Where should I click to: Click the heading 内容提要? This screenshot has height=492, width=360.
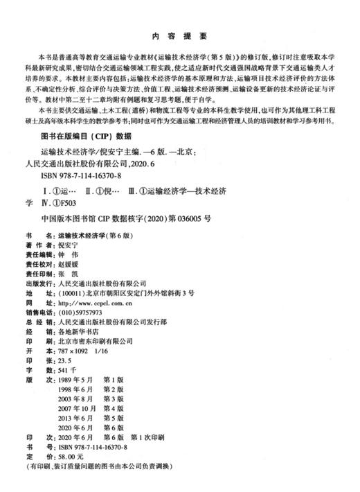pos(179,36)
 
